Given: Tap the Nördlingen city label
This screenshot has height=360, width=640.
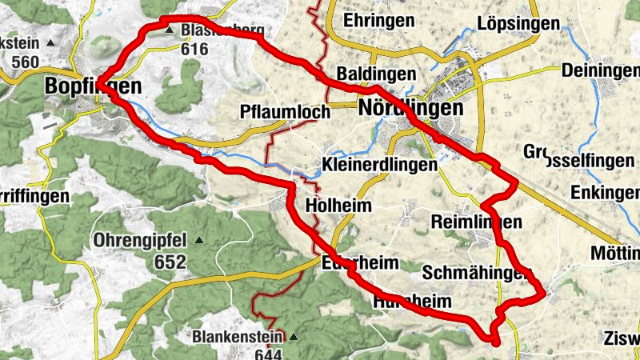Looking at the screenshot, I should [411, 107].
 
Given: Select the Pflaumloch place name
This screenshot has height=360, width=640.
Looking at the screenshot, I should [285, 113].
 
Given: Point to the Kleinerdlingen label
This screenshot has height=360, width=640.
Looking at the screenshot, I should [380, 165].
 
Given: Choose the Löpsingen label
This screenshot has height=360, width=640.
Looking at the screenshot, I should [518, 23].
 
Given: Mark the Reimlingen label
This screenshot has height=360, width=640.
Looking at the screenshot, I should [475, 222].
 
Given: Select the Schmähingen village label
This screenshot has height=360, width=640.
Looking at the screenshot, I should [476, 273].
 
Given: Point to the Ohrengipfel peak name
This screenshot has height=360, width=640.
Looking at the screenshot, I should [139, 240].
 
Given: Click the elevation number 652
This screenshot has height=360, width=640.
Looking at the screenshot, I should [171, 262].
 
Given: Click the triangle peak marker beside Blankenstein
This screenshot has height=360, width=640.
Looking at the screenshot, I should [293, 337].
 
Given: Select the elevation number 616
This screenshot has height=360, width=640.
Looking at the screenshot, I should [194, 50].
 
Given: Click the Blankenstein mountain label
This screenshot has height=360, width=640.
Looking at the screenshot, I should [238, 336].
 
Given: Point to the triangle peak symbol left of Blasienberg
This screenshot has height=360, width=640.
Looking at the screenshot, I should [169, 31].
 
